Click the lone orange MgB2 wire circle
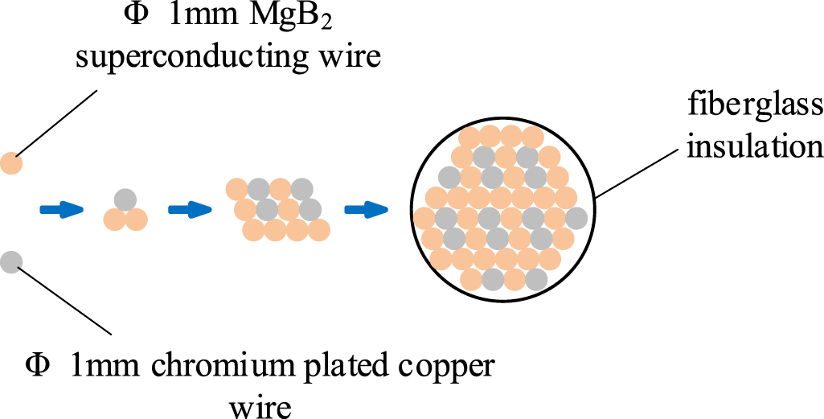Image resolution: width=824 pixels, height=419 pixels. tap(11, 163)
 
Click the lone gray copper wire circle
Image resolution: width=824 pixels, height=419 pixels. tap(11, 261)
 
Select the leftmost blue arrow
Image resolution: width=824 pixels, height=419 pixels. tap(62, 210)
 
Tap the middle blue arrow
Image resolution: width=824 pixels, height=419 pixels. tap(190, 210)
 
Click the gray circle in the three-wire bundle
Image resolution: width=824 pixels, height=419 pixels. tap(125, 199)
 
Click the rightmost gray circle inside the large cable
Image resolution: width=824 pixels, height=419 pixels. tap(576, 217)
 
